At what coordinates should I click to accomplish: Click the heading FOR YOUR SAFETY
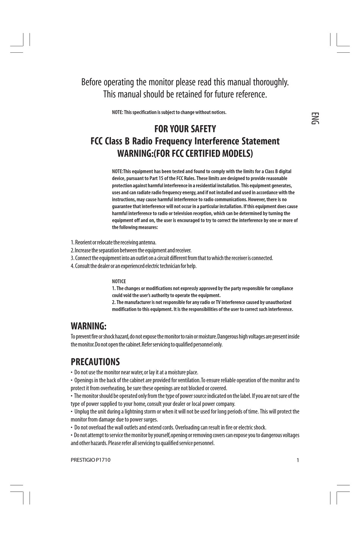[x=185, y=129]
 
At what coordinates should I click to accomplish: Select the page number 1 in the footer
[x=297, y=460]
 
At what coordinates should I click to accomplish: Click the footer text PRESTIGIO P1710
[x=91, y=460]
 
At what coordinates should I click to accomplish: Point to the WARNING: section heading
[x=88, y=326]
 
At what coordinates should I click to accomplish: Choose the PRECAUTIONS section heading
[x=95, y=362]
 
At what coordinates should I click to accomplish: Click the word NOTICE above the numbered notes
[x=119, y=281]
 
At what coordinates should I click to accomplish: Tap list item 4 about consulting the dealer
[x=133, y=266]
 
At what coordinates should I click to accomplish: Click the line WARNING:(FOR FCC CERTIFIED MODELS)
[x=185, y=154]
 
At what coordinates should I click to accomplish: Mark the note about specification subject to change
[x=169, y=112]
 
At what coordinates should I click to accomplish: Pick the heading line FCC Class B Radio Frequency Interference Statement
[x=185, y=141]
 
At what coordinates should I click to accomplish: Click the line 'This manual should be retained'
[x=185, y=94]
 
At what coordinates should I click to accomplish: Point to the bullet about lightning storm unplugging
[x=185, y=411]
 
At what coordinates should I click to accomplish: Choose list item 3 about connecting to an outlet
[x=172, y=258]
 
